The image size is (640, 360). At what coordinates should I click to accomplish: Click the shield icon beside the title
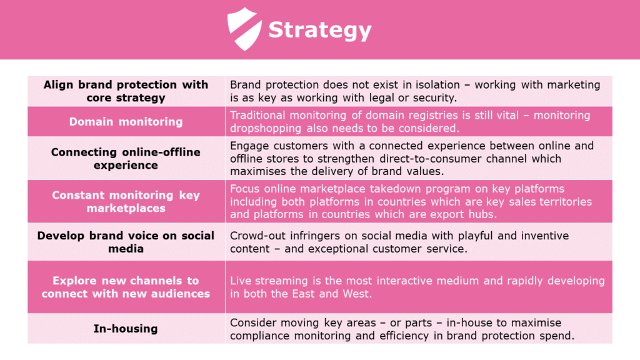tap(244, 29)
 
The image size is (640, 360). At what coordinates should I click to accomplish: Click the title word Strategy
tap(320, 30)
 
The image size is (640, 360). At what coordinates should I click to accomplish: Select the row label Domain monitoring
tap(126, 121)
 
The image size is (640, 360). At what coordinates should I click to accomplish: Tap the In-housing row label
tap(126, 328)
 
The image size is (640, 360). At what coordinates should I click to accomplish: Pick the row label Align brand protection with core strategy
tap(126, 91)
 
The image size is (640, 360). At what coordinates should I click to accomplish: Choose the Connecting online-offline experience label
tap(126, 158)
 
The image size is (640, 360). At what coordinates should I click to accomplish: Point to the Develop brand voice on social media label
tap(126, 242)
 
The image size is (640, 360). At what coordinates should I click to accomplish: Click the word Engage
tap(248, 146)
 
